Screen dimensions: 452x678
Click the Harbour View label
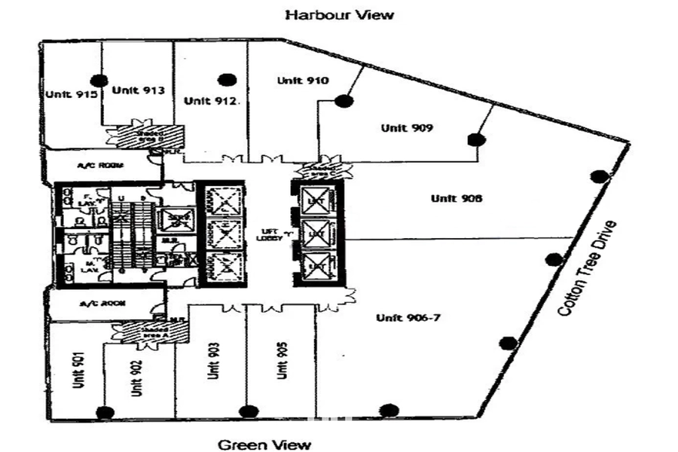tap(338, 14)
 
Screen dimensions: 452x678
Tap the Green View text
tap(264, 444)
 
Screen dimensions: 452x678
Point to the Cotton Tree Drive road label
tap(588, 267)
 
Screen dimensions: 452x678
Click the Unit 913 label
tap(138, 90)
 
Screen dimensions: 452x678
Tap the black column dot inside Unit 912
tap(224, 80)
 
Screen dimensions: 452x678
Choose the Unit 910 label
tap(302, 81)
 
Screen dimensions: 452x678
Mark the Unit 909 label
tap(406, 128)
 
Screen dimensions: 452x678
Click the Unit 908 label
tap(456, 198)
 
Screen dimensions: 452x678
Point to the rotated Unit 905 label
tap(282, 360)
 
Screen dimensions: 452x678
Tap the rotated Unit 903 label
tap(215, 361)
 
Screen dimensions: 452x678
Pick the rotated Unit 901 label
tap(78, 370)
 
